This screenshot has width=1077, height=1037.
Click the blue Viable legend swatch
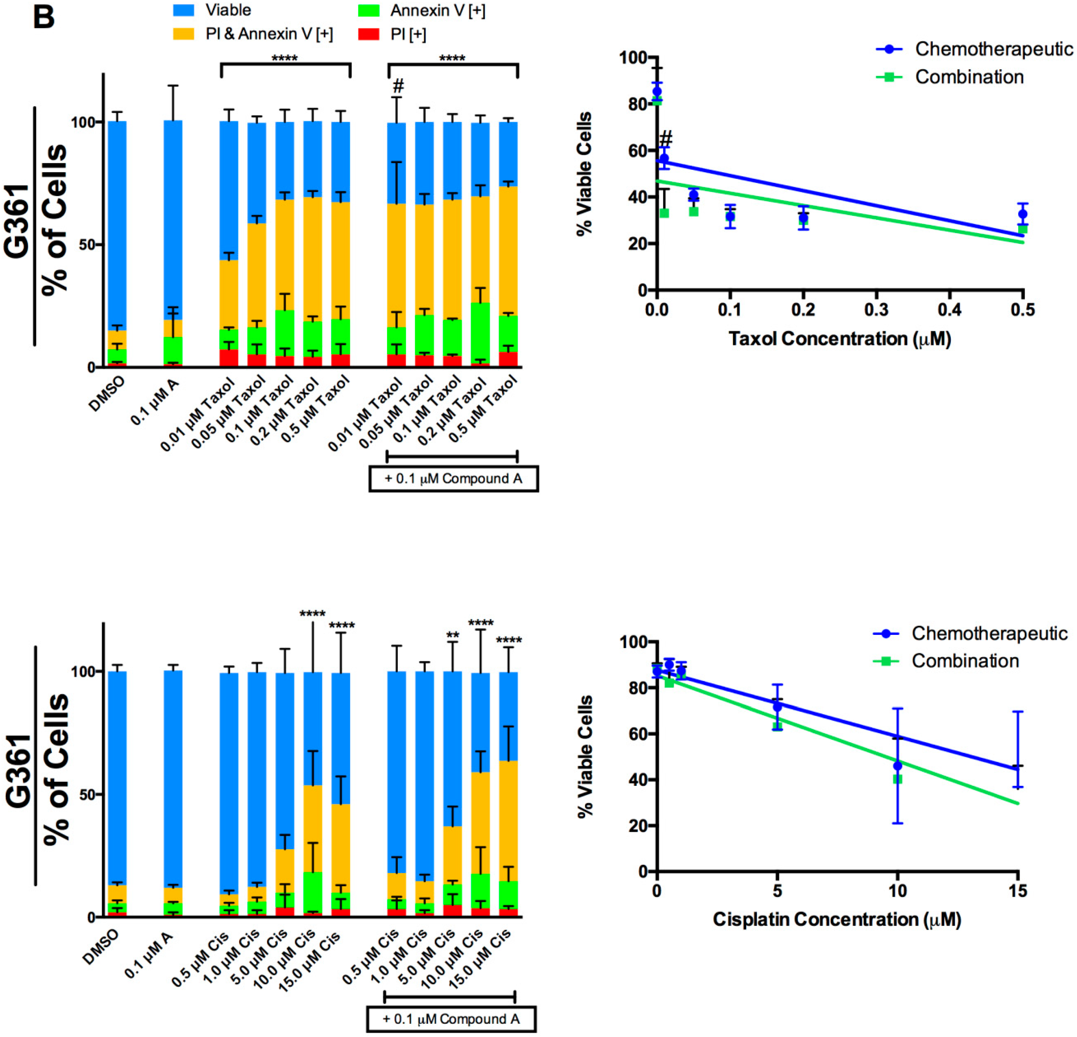click(183, 10)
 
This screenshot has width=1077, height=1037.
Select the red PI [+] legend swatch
click(368, 34)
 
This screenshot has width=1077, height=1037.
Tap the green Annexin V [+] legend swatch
click(368, 10)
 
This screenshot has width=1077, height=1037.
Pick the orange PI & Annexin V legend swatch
click(183, 34)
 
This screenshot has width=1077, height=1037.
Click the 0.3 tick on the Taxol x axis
click(876, 310)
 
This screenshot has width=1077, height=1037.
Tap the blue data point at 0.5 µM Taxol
click(1022, 214)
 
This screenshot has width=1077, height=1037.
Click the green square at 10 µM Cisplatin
click(897, 779)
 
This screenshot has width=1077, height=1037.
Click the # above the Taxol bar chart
click(398, 86)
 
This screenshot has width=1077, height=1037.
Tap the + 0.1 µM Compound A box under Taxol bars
click(453, 478)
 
